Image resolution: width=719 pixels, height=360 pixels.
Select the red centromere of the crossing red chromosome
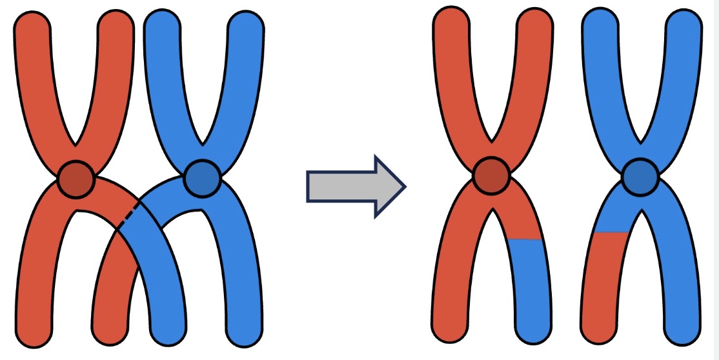pyautogui.click(x=76, y=179)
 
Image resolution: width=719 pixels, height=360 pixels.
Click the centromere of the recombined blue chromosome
pyautogui.click(x=640, y=176)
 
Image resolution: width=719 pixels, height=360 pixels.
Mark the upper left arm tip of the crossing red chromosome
pyautogui.click(x=32, y=23)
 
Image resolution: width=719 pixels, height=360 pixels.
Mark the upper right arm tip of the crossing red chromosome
pyautogui.click(x=116, y=23)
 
